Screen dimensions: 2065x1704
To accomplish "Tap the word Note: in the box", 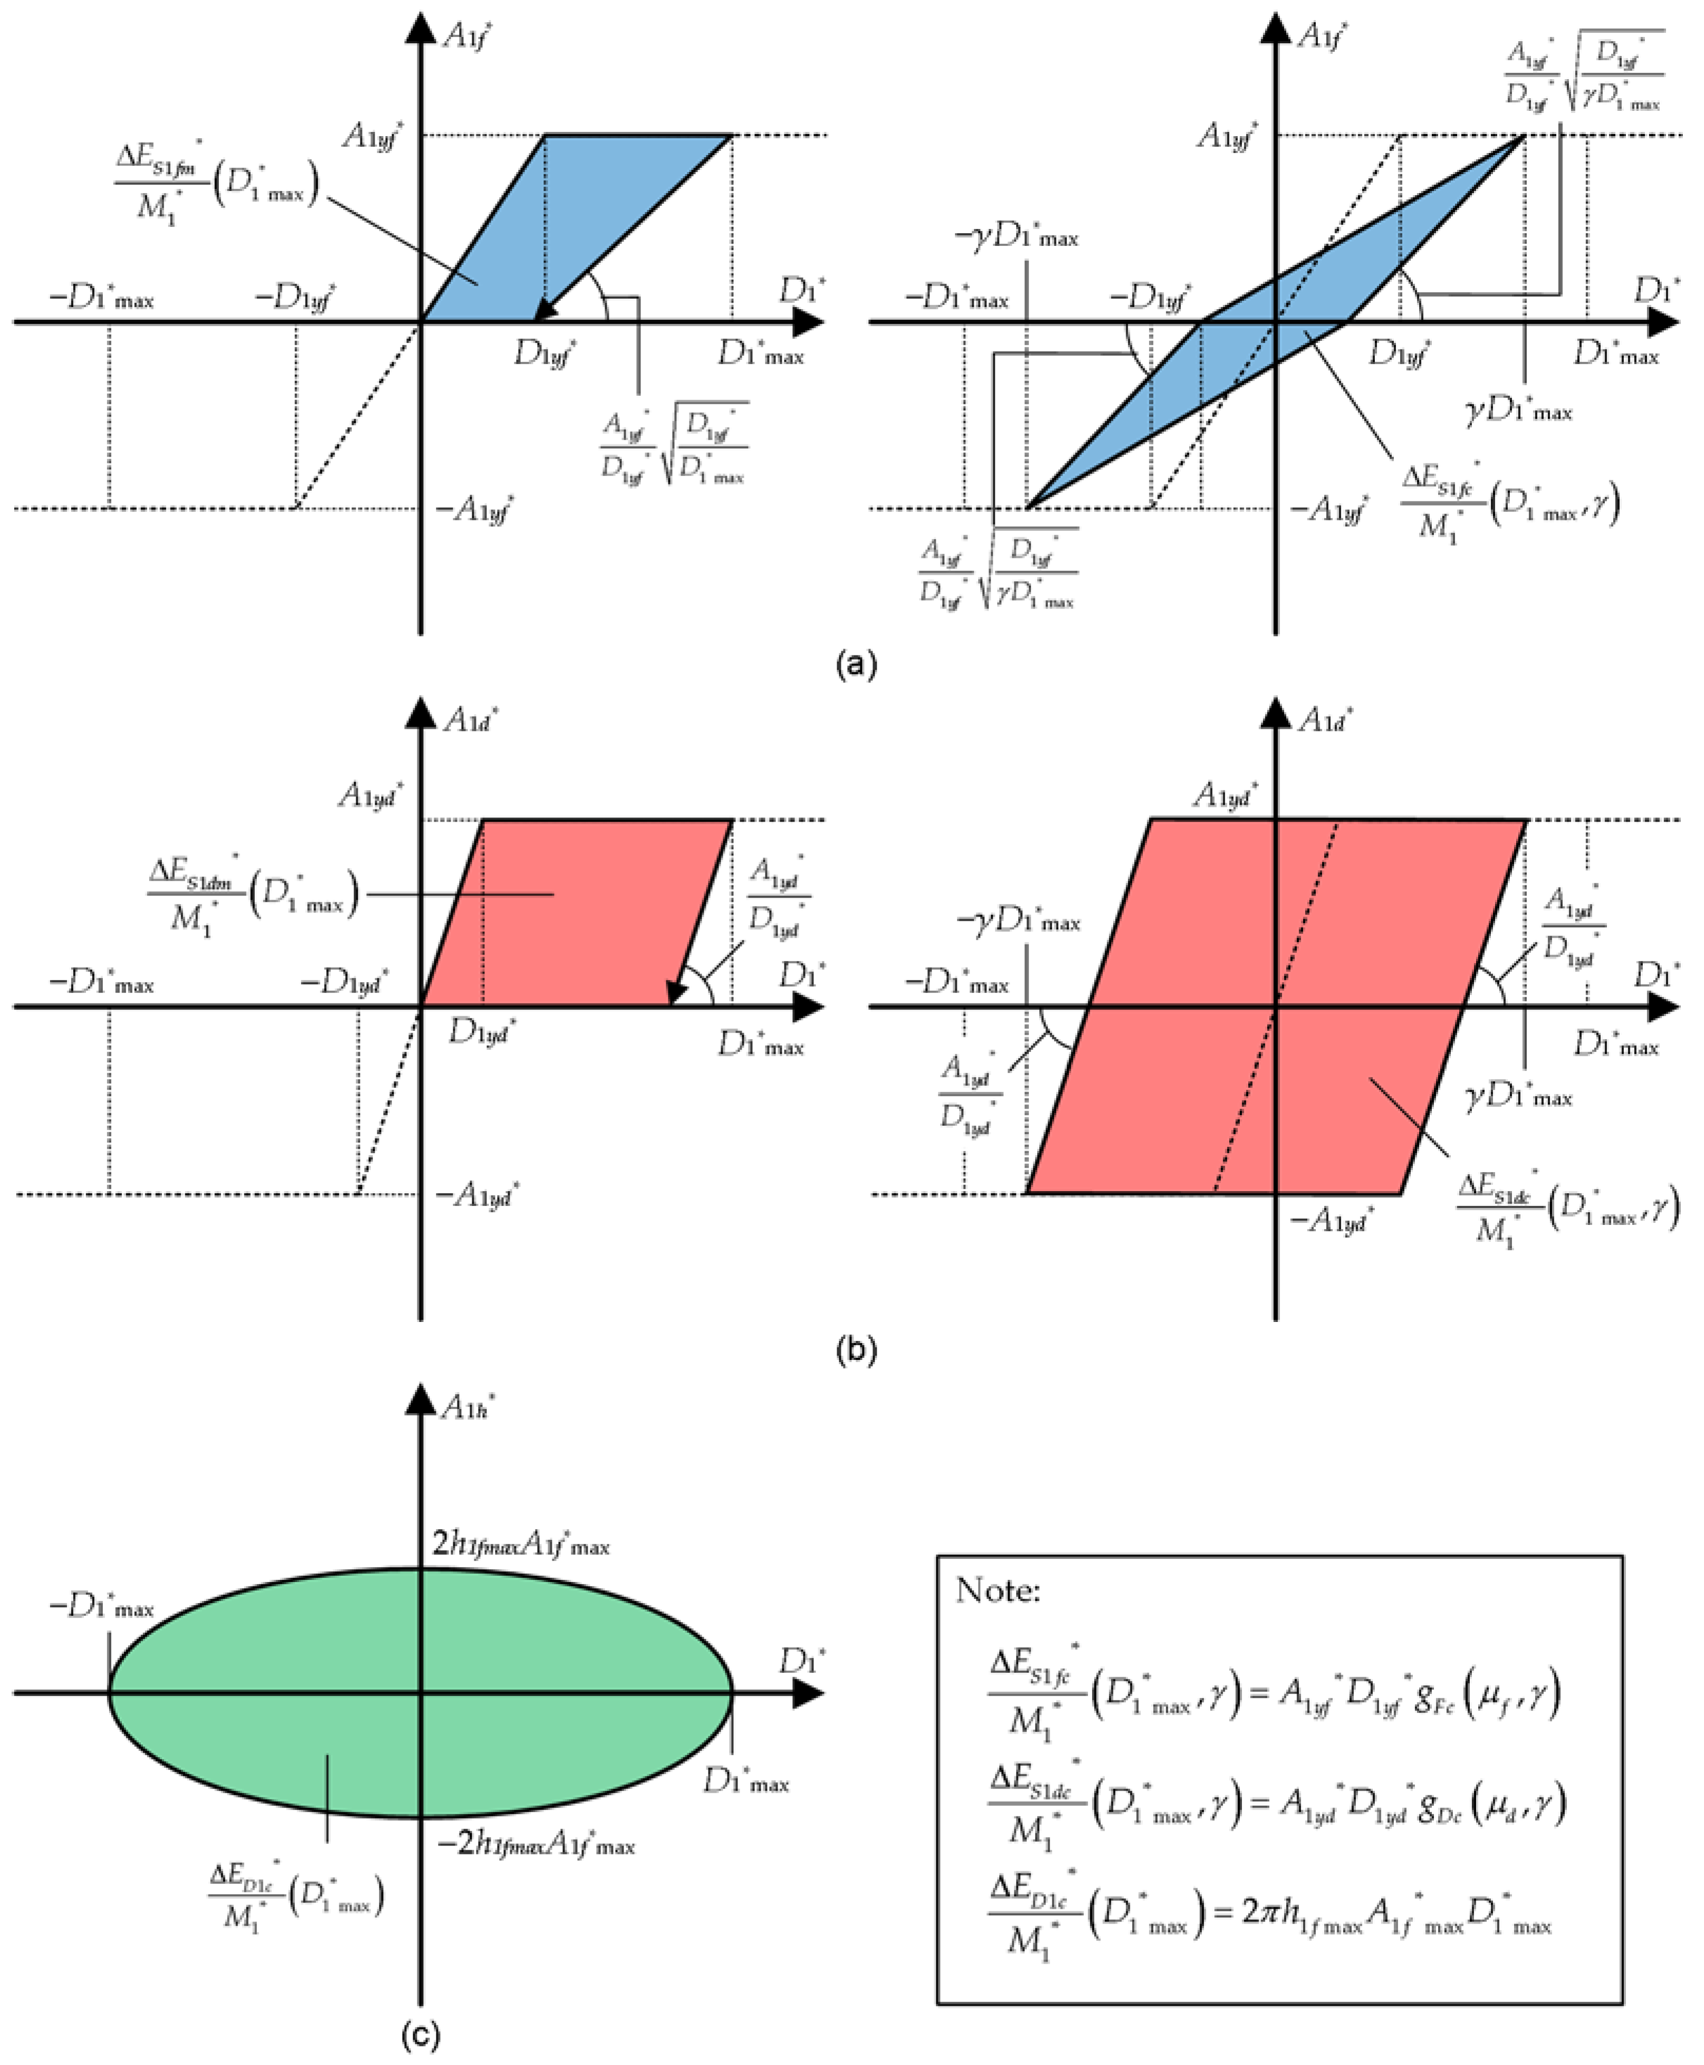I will pos(997,1590).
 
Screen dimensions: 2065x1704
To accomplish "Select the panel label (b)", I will pos(855,1350).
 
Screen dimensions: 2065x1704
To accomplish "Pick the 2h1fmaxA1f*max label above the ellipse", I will pos(520,1545).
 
